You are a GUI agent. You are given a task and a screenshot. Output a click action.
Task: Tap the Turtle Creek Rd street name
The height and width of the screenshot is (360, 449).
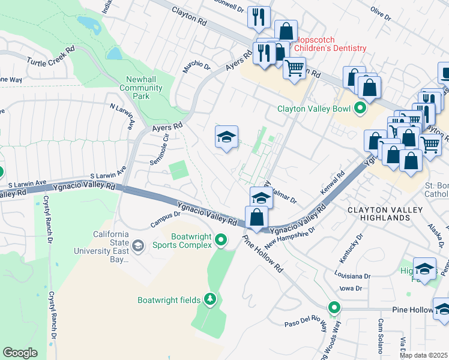point(50,56)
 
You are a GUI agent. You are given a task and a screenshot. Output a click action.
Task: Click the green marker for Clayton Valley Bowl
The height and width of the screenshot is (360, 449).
point(360,109)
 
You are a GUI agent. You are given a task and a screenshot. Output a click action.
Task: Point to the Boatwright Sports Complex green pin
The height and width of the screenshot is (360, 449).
point(221,240)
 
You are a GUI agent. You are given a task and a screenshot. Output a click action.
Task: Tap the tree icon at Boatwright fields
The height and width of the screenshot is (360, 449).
point(209,299)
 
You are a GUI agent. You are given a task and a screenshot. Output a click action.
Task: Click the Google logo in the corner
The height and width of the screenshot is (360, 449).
point(20,353)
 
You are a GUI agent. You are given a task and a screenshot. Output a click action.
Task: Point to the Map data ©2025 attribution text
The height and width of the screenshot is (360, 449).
point(424,355)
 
